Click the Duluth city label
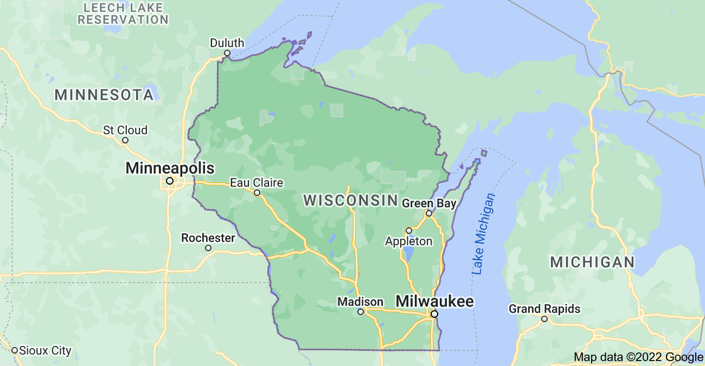pos(227,43)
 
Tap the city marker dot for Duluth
pos(227,53)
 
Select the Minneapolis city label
pos(170,168)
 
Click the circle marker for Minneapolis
pos(170,181)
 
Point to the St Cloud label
pos(125,130)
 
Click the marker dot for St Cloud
pos(125,140)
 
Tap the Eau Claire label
pos(257,182)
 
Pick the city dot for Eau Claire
pos(257,193)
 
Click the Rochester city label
pos(208,238)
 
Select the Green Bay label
pos(429,203)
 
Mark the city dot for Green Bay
pos(428,213)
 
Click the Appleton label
pos(409,241)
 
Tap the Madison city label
pos(360,302)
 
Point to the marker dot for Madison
pos(361,312)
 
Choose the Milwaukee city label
pos(435,301)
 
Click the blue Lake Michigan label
pos(484,234)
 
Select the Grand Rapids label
pos(544,309)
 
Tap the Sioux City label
pos(46,350)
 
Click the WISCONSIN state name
pos(350,200)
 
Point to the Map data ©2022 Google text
pos(638,357)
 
